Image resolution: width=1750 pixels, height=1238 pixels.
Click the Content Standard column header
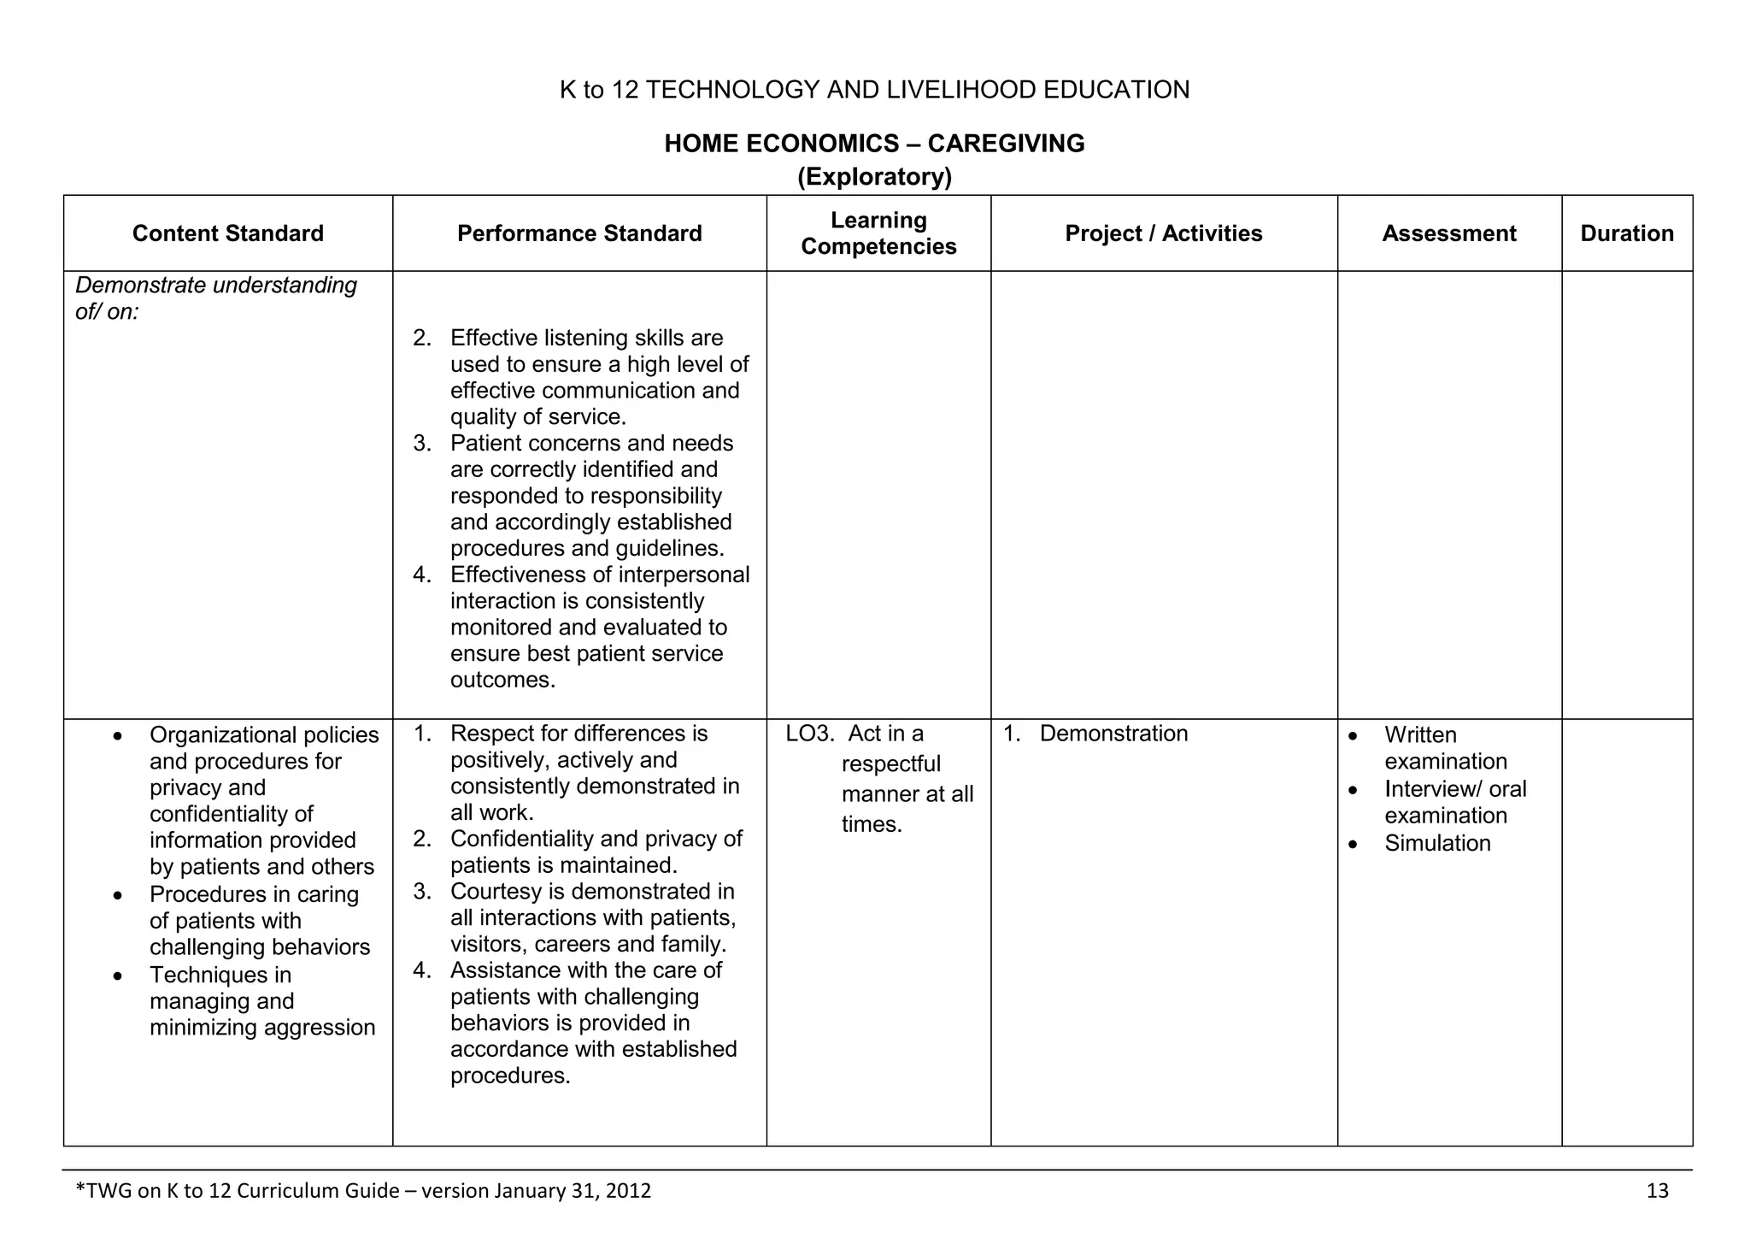coord(227,233)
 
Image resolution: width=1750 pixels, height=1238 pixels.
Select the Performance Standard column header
coord(579,233)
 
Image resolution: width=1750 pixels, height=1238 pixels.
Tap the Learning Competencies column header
coord(878,233)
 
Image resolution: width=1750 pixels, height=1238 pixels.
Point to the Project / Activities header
coord(1163,233)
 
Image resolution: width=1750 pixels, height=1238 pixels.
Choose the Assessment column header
coord(1448,233)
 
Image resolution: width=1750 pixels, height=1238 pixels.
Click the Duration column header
coord(1626,233)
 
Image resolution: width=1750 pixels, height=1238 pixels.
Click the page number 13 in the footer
coord(1657,1191)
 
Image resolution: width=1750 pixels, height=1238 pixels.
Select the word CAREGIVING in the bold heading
coord(1006,144)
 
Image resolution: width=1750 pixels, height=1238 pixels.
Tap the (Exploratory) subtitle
coord(874,177)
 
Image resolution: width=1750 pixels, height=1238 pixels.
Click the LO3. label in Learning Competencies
coord(808,734)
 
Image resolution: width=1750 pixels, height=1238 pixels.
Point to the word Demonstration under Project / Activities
coord(1113,734)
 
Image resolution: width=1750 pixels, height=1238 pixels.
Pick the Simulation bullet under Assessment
coord(1437,843)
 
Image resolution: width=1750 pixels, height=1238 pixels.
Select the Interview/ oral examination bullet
coord(1454,802)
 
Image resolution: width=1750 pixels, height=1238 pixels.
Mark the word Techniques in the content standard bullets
coord(220,975)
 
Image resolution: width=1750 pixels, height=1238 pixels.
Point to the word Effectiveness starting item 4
coord(520,575)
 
